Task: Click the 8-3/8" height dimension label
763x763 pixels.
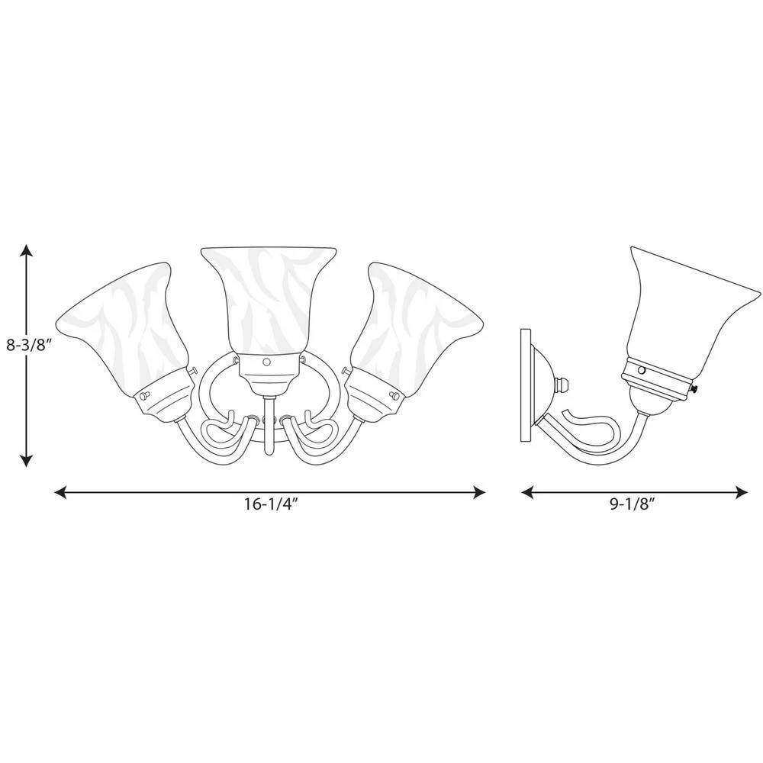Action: coord(29,346)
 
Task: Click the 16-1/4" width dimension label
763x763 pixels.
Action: coord(271,504)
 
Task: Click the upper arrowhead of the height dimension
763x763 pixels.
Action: coord(26,250)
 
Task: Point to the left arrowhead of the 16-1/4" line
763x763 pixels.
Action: coord(60,492)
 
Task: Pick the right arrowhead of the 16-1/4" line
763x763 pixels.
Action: coord(479,492)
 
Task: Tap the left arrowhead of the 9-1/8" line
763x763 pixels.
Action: coord(528,492)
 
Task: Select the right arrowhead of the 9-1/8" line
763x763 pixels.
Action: coord(742,492)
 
